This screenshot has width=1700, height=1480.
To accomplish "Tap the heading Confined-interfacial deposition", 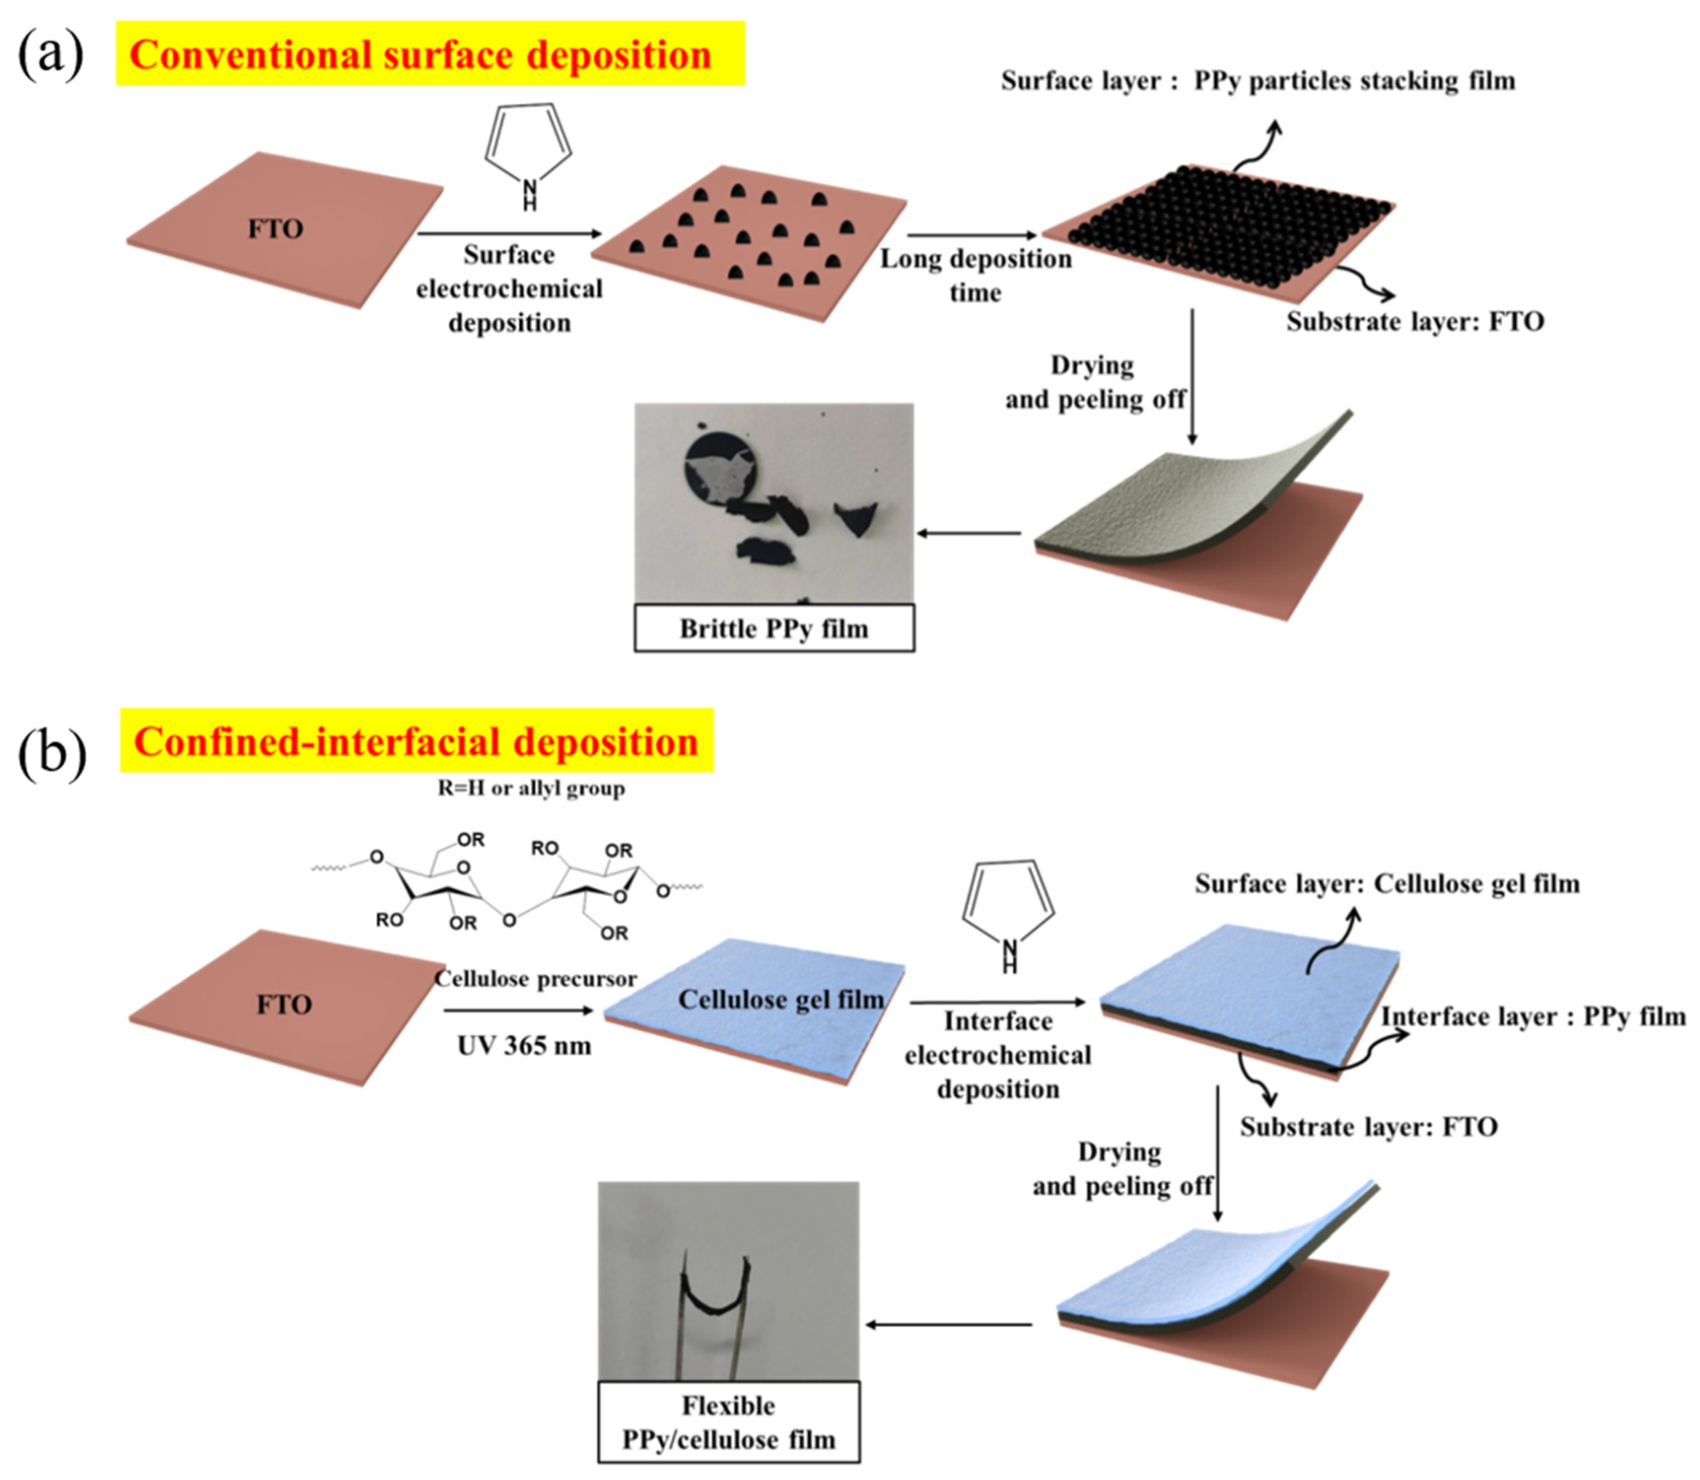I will pos(416,741).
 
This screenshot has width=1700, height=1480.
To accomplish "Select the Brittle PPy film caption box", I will pos(774,629).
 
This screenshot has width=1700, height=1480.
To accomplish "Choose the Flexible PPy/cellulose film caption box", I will pos(728,1422).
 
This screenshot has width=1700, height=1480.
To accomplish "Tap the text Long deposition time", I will pos(975,275).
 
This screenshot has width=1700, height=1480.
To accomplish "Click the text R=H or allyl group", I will pos(531,788).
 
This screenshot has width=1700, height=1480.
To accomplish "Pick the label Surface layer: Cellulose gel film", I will pos(1387,884).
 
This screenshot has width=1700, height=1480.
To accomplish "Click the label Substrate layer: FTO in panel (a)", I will pos(1414,321).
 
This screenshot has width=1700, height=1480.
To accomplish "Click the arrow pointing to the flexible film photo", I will pos(948,1325).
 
